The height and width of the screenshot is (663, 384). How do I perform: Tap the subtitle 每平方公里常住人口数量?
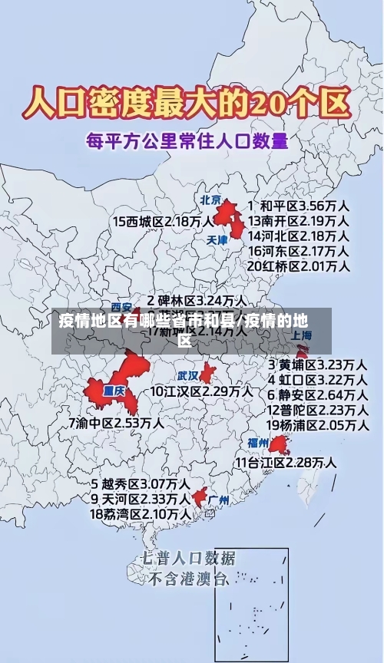click(x=187, y=140)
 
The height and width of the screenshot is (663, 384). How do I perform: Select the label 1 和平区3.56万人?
click(x=300, y=206)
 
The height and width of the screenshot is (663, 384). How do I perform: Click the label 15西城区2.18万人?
click(x=163, y=222)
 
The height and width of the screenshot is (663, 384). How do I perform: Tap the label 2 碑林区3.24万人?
click(x=197, y=301)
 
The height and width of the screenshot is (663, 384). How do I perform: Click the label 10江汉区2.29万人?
click(x=201, y=391)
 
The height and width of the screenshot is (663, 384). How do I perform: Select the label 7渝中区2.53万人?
click(x=116, y=423)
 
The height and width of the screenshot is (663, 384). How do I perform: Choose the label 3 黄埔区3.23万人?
click(x=316, y=364)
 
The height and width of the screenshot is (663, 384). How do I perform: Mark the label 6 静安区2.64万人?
click(x=316, y=394)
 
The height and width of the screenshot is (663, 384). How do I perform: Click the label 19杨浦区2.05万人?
click(x=316, y=424)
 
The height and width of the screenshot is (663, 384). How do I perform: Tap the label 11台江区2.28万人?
click(x=286, y=463)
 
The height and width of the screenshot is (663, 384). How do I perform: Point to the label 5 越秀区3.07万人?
click(x=141, y=484)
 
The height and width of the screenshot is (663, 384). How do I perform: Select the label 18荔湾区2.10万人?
click(x=141, y=513)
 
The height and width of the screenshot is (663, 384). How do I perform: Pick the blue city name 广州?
click(x=219, y=500)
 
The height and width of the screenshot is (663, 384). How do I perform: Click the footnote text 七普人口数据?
click(x=188, y=558)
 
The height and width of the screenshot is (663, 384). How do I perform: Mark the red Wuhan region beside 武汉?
click(x=207, y=374)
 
